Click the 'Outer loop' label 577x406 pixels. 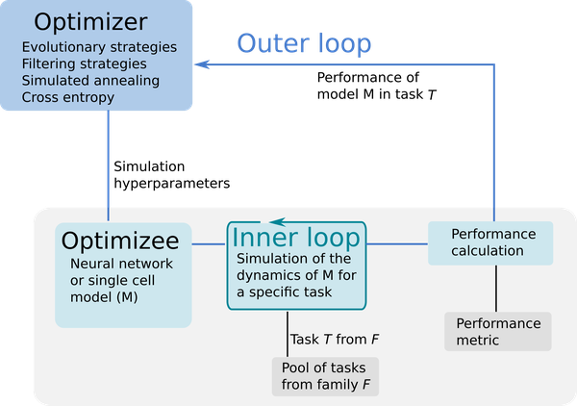[304, 43]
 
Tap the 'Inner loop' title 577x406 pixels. [296, 238]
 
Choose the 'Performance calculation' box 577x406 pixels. [489, 243]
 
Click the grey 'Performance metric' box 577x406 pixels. [497, 331]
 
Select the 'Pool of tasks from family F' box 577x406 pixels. [325, 377]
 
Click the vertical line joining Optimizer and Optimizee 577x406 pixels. [109, 159]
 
